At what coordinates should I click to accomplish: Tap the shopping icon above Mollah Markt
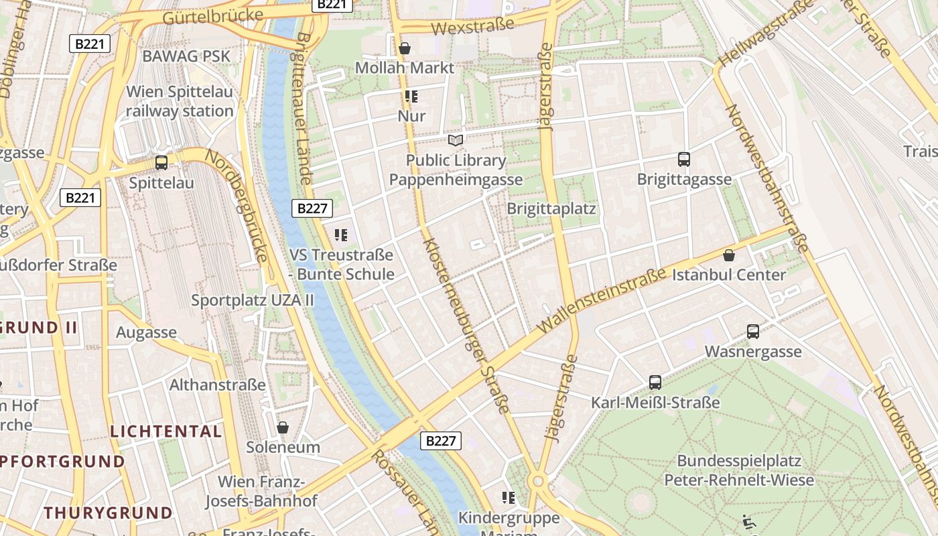point(405,48)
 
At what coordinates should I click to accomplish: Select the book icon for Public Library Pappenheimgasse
point(456,140)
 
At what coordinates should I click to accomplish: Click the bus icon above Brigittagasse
point(684,159)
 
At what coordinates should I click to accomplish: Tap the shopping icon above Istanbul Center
point(729,255)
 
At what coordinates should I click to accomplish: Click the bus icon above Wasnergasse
point(753,332)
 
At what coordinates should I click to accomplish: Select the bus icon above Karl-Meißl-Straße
point(655,383)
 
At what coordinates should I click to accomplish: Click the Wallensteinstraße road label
point(602,299)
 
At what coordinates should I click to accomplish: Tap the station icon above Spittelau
point(161,163)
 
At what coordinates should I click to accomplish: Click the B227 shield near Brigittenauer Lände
point(312,208)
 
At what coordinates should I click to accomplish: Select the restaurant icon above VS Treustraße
point(341,235)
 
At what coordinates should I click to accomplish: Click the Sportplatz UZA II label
point(253,300)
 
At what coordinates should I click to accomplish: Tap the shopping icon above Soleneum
point(283,427)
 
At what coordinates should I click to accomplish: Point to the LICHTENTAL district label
point(166,431)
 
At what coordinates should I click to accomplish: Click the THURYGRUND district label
point(109,513)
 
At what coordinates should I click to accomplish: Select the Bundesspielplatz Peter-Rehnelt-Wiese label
point(739,470)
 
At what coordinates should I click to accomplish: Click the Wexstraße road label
point(472,27)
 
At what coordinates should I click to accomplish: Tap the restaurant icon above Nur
point(411,96)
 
